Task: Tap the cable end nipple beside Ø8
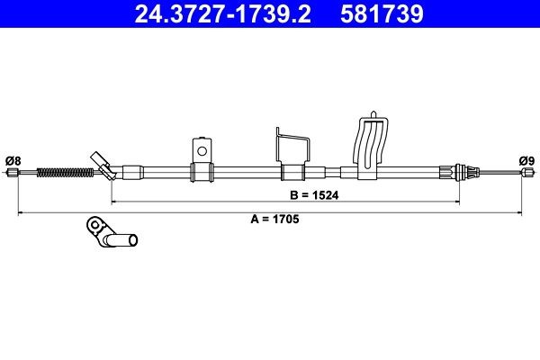tap(13, 174)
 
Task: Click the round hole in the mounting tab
tap(202, 149)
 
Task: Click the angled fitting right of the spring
tap(103, 166)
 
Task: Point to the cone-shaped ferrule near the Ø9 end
tap(463, 170)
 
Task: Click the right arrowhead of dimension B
tap(458, 201)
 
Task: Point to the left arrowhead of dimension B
tap(113, 201)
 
